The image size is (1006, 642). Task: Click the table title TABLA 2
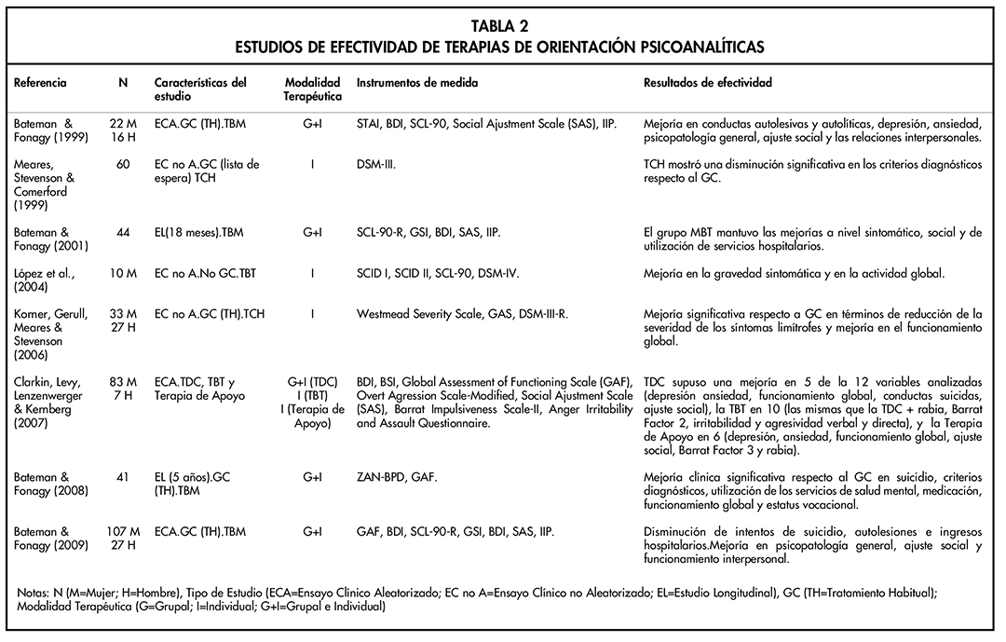pos(502,26)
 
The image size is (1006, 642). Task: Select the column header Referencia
pos(40,83)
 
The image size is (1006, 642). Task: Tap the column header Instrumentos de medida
pos(417,83)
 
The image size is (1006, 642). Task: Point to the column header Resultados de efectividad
pos(708,83)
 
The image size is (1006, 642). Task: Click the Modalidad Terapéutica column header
pos(312,89)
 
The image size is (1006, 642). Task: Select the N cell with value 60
pos(123,164)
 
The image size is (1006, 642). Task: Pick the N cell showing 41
pos(123,476)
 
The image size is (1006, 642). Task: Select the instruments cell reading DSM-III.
pos(377,164)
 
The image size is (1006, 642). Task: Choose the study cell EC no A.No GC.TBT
pos(207,273)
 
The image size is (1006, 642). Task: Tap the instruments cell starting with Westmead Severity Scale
pos(462,314)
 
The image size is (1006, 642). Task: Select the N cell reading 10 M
pos(123,273)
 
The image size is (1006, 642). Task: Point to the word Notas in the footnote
pos(34,593)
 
